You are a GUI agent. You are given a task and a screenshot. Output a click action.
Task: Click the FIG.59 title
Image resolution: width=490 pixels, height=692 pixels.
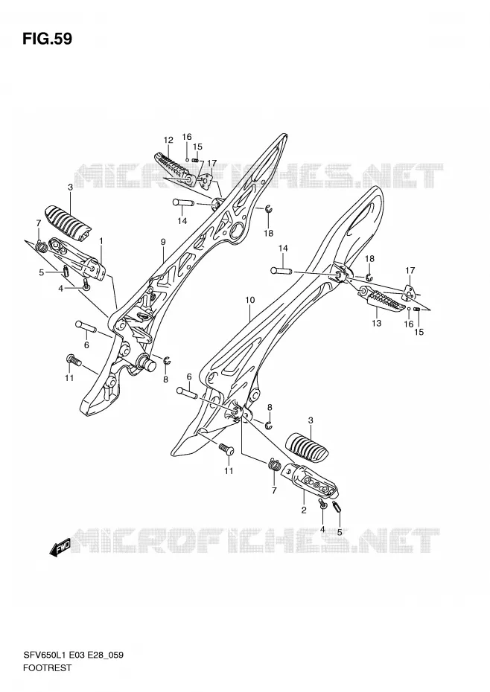coord(47,39)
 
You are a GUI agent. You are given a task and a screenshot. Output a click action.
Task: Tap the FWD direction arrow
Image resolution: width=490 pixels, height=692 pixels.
coord(60,548)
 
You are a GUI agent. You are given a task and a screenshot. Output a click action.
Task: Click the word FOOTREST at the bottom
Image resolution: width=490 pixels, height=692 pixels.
coord(47,667)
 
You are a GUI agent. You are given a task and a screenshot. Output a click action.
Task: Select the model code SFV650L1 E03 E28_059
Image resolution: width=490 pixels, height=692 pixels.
coord(73,655)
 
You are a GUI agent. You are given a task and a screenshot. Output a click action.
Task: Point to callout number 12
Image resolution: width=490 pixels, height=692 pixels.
coord(168,141)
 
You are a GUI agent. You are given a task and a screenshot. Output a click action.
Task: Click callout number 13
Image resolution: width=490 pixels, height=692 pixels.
coord(377,323)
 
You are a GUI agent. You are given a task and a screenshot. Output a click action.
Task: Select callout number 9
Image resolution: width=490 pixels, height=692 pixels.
coord(163,242)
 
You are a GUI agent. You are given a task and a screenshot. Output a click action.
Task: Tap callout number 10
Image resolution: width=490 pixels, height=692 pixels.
coord(249,300)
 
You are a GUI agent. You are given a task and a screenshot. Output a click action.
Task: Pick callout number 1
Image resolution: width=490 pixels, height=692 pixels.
coord(101,240)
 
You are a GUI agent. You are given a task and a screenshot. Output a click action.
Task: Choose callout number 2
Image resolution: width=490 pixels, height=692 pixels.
coord(304,510)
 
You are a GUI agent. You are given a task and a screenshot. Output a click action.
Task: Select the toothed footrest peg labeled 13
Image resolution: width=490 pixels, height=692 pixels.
coord(383,299)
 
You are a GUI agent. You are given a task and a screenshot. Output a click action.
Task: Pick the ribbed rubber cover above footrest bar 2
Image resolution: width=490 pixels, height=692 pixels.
coord(308,447)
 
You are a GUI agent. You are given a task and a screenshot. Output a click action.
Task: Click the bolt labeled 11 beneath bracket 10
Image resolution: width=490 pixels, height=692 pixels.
coord(226,449)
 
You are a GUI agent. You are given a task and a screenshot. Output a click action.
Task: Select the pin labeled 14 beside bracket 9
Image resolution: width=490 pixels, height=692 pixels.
coord(182,203)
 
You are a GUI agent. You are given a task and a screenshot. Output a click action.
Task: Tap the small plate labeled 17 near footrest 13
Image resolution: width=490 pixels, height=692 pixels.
coord(410,291)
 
